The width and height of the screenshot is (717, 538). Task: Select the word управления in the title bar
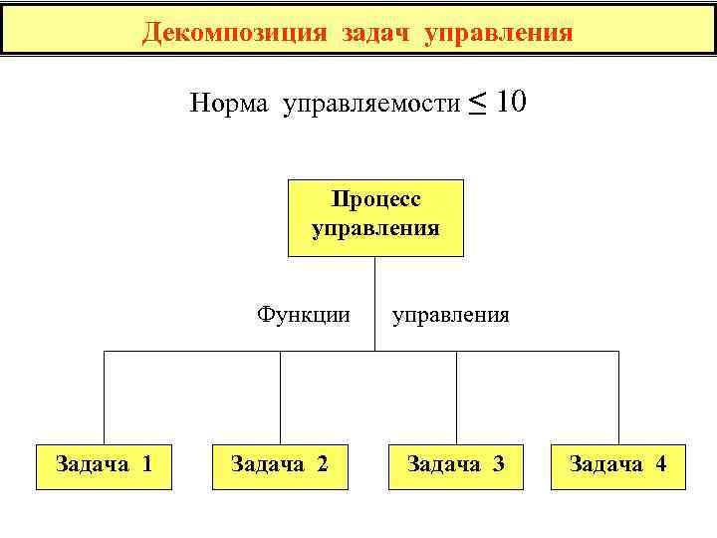tap(499, 33)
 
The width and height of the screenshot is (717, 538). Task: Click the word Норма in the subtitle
tap(229, 104)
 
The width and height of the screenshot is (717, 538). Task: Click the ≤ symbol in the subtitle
tap(478, 102)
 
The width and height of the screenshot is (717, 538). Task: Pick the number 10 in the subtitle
tap(510, 102)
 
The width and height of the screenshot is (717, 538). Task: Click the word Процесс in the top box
tap(375, 199)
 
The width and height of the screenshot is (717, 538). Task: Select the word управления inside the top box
tap(375, 228)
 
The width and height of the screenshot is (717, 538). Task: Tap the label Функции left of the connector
tap(304, 316)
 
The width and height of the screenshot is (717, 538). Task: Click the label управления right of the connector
tap(451, 316)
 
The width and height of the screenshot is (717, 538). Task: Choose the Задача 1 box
tap(105, 465)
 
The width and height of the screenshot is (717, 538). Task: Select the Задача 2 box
tap(280, 465)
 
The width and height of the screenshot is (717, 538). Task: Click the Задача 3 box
tap(456, 465)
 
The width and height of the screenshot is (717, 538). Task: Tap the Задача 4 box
tap(618, 465)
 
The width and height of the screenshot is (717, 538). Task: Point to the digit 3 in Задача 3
tap(498, 463)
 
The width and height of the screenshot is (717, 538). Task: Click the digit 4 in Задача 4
tap(660, 463)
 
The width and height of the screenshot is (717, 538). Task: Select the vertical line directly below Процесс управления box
tap(375, 299)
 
